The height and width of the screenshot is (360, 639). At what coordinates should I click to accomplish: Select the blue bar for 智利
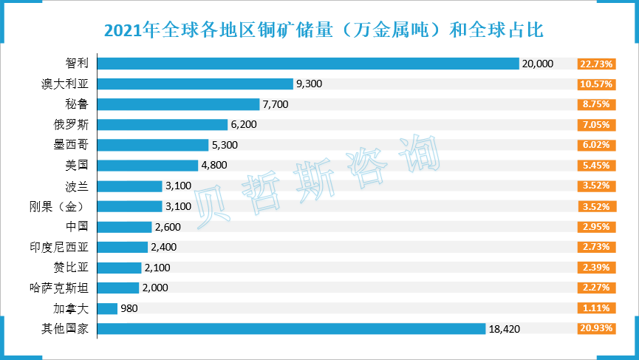tap(308, 64)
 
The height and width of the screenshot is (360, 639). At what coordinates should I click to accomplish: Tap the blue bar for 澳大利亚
tap(195, 84)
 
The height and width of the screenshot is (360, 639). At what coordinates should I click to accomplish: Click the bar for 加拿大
tap(108, 308)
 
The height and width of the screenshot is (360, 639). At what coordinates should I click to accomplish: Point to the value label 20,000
tap(538, 64)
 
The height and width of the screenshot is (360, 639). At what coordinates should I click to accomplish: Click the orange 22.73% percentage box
tap(597, 64)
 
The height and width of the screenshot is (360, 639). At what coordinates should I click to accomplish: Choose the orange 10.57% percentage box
tap(597, 84)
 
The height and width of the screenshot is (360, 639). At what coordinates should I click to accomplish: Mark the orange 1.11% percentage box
tap(597, 308)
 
